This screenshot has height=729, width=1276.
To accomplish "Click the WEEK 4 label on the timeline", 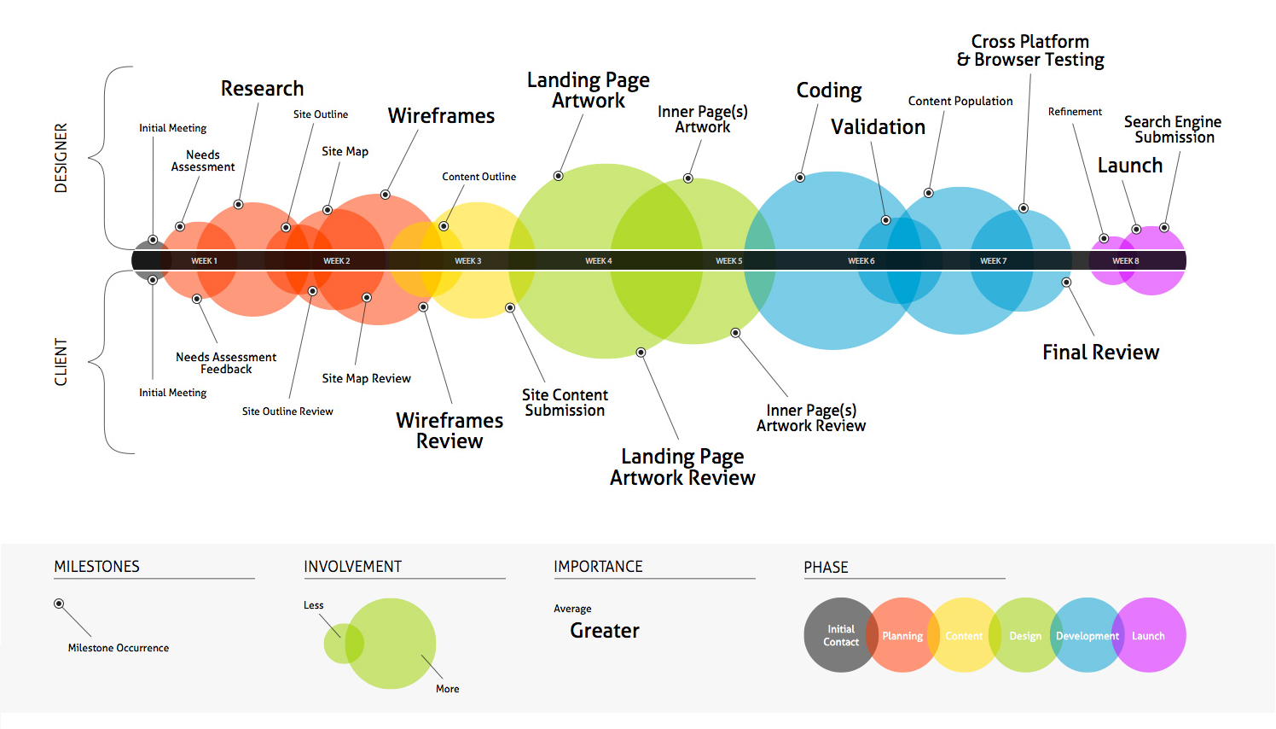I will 598,261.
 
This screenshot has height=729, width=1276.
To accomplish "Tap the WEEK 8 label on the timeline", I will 1125,261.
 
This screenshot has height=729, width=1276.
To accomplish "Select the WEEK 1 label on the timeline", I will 204,261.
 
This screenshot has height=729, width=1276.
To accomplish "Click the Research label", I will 262,89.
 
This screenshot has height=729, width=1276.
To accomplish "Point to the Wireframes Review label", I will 449,431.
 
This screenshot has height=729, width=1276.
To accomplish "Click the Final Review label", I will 1100,353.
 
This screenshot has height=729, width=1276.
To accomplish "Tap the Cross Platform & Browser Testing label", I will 1030,50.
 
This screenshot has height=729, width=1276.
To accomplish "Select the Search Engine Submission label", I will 1173,130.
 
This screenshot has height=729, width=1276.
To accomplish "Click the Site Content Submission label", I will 565,403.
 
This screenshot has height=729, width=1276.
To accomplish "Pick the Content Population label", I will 960,101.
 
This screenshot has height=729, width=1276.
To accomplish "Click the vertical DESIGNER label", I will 61,158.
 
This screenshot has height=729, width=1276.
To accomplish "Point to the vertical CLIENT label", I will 61,362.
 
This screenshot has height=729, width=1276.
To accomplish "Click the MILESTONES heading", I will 96,567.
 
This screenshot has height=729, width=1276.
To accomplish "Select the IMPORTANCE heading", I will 598,567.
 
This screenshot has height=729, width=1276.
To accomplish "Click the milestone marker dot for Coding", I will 800,178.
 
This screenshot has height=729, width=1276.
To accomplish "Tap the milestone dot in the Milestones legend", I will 59,604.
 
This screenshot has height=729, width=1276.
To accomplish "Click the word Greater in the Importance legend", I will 605,631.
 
